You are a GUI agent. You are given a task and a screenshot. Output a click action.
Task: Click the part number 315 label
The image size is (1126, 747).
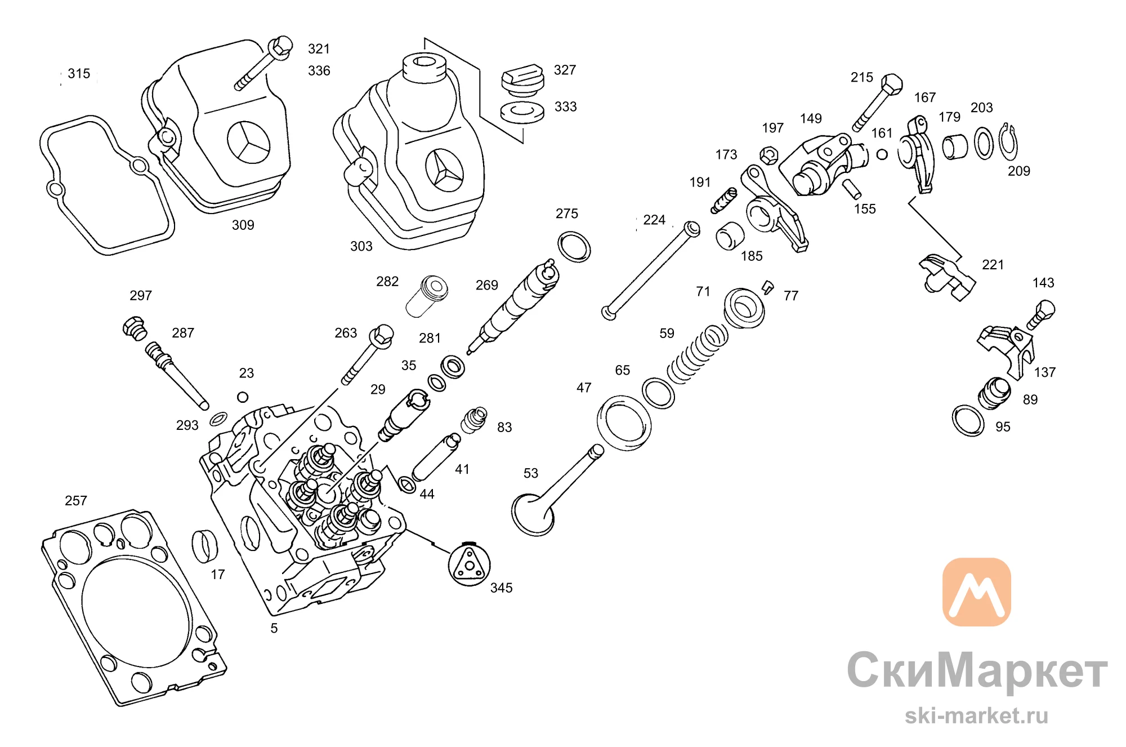pyautogui.click(x=79, y=74)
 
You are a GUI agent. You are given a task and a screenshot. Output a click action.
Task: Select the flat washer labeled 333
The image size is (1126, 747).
pyautogui.click(x=522, y=112)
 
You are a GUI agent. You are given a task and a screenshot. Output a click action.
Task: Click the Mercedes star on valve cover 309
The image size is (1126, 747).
pyautogui.click(x=249, y=142)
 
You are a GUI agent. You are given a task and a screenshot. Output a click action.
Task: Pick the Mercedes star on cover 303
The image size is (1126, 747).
pyautogui.click(x=445, y=170)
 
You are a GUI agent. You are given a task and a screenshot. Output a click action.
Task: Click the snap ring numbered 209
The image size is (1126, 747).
pyautogui.click(x=1008, y=142)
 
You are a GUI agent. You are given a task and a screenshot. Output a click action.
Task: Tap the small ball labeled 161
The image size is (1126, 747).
pyautogui.click(x=882, y=154)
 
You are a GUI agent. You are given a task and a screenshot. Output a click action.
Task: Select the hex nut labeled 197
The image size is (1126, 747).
pyautogui.click(x=769, y=155)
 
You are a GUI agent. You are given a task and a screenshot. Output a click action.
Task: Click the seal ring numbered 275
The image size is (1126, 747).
pyautogui.click(x=574, y=246)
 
